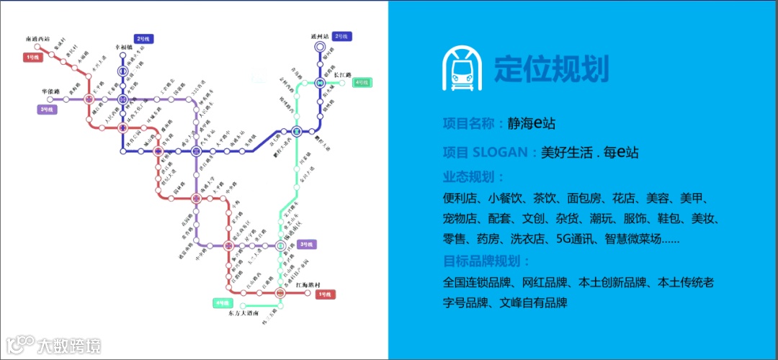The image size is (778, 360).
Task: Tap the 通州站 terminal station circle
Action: tap(319, 48)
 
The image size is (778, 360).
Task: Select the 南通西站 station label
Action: tap(37, 38)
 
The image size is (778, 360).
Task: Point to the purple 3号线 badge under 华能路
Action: tap(48, 109)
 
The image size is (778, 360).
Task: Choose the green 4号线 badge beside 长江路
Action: tap(362, 83)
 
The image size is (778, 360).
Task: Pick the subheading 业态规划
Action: tap(473, 177)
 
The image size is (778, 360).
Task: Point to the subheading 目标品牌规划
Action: tap(486, 261)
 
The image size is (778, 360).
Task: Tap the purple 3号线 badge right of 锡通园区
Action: tap(307, 245)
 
